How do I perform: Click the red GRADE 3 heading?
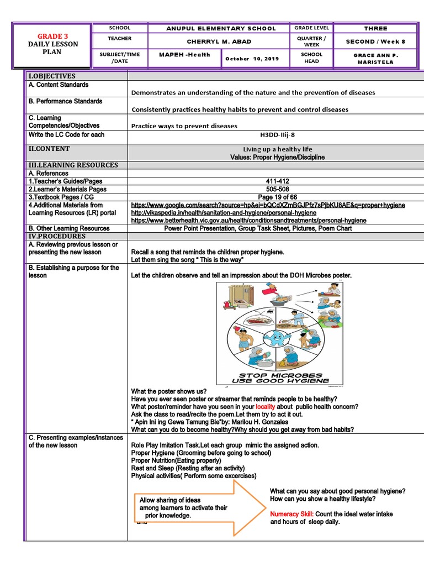click(53, 36)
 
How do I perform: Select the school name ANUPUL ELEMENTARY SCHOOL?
click(221, 29)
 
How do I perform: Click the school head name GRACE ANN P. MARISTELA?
click(375, 58)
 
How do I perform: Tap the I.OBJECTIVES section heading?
click(52, 76)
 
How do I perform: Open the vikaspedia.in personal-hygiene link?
click(216, 213)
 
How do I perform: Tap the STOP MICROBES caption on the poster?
click(280, 375)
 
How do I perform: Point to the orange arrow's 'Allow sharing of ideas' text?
click(170, 500)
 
